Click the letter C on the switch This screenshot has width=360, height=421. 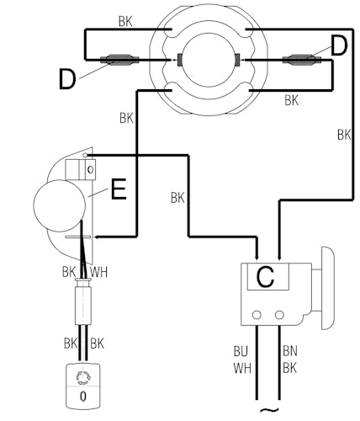point(265,277)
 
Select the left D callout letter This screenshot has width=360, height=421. point(67,79)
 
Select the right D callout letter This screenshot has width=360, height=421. point(339,45)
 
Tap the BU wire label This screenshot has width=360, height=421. point(241,352)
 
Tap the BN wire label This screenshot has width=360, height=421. point(290,351)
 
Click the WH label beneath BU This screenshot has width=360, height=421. point(242,368)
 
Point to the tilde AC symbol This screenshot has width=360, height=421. point(267,410)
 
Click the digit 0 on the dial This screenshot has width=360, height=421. point(83,397)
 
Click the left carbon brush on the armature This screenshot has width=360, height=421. point(180,60)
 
